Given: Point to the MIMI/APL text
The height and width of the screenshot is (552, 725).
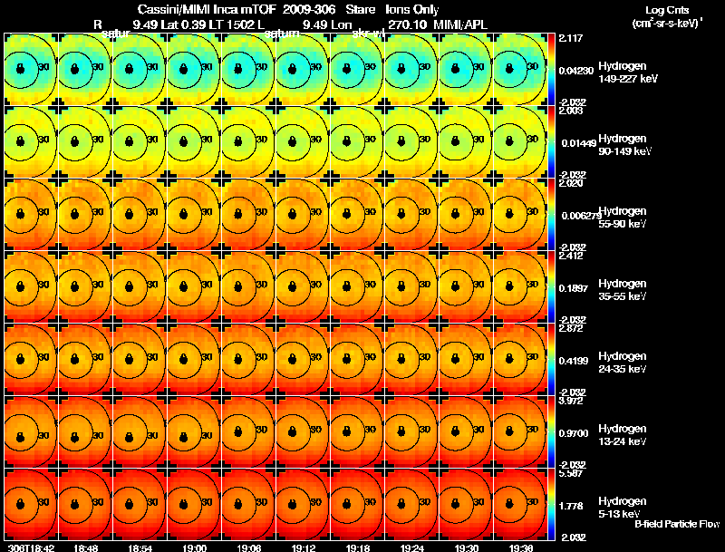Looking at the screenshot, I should pos(462,24).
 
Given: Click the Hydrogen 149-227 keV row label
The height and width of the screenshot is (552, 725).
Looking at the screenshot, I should pos(622,73).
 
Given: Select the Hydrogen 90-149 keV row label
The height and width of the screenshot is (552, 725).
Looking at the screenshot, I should pos(622,145).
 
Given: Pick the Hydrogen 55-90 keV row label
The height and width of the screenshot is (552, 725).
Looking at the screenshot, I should pos(622,218).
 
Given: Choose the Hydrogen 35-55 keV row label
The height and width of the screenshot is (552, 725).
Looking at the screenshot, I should pos(622,290).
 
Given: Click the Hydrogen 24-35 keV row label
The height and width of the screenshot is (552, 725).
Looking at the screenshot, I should pos(622,363).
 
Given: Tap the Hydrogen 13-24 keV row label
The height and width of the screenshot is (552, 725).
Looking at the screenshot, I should pos(622,435).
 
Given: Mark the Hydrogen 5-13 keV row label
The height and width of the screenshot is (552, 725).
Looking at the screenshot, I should pos(622,508).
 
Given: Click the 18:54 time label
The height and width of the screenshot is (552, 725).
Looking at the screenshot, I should pos(140,547).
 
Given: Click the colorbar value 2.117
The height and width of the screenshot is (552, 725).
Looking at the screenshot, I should pos(570,38).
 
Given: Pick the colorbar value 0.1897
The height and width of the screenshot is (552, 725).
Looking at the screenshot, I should pos(573,287).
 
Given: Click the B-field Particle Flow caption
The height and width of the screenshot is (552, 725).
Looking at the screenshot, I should pos(676,524).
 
